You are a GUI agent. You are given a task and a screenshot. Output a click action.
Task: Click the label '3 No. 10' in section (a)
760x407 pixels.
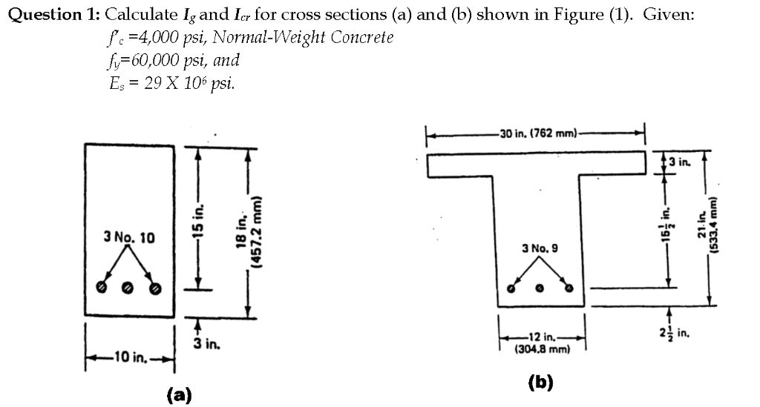point(129,238)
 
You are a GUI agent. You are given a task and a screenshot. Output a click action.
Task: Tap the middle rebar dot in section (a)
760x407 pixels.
point(128,287)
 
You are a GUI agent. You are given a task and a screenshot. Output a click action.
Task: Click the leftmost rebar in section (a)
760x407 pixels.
point(101,287)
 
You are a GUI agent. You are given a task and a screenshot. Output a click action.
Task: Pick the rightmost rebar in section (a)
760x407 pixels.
point(155,287)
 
